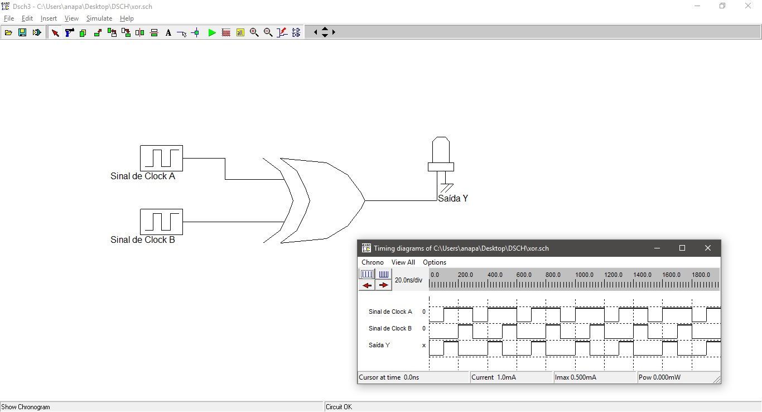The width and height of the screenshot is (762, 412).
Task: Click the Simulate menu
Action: pyautogui.click(x=99, y=18)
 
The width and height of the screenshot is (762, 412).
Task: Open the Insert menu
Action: pyautogui.click(x=49, y=18)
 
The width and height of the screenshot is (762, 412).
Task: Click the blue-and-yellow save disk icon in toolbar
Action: pyautogui.click(x=22, y=32)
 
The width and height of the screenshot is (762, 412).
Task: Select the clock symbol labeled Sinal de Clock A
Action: pyautogui.click(x=161, y=159)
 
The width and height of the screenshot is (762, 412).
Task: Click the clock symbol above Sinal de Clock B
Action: pyautogui.click(x=161, y=222)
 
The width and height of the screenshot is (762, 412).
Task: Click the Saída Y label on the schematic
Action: pyautogui.click(x=453, y=198)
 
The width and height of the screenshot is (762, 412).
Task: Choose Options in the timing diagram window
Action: pyautogui.click(x=435, y=262)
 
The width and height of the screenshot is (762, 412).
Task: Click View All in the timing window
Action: pyautogui.click(x=403, y=262)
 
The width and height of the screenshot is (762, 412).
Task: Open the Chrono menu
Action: pyautogui.click(x=373, y=262)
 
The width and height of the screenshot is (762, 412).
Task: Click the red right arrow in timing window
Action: pyautogui.click(x=383, y=285)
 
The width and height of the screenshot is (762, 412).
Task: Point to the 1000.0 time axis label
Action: pyautogui.click(x=584, y=275)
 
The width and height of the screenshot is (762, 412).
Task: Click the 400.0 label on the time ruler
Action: pyautogui.click(x=495, y=275)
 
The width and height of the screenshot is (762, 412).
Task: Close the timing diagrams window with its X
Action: pyautogui.click(x=707, y=248)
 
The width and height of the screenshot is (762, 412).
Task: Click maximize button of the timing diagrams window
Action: pyautogui.click(x=682, y=248)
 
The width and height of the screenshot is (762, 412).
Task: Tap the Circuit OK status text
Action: pyautogui.click(x=339, y=407)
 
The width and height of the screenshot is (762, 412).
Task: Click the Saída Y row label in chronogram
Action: pyautogui.click(x=379, y=345)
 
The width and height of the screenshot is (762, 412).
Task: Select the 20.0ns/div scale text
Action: pyautogui.click(x=408, y=280)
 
